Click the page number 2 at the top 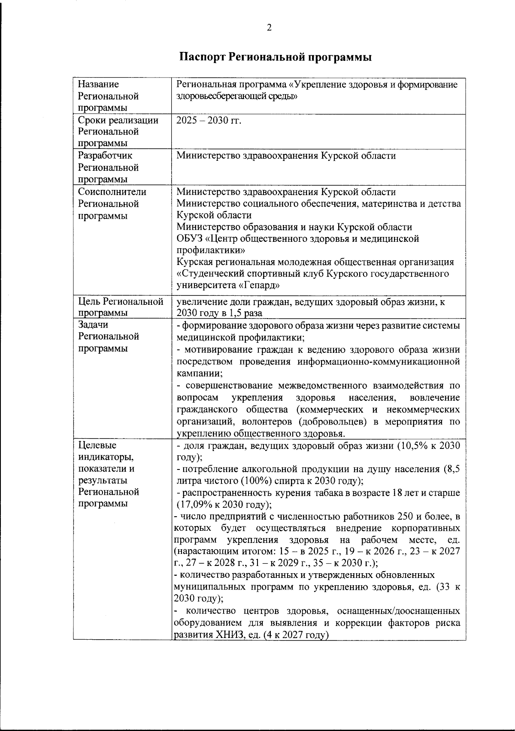tap(269, 28)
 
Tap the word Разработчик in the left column tap(105, 156)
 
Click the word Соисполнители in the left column tap(112, 192)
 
